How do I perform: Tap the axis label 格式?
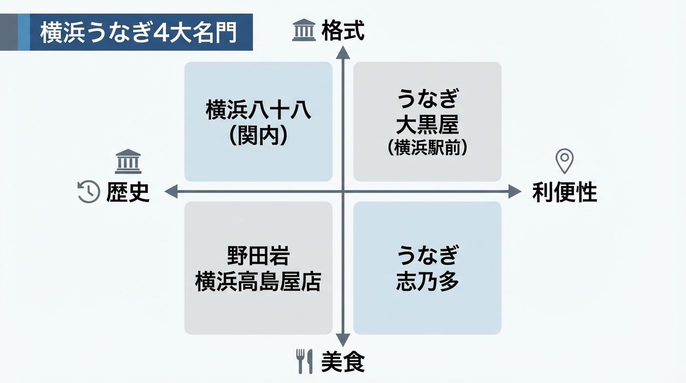point(343,30)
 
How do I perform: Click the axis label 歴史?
point(128,192)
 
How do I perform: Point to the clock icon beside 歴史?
point(89,192)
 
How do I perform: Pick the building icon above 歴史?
point(128,161)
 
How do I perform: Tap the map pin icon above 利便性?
point(564,161)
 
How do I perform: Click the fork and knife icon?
point(305,361)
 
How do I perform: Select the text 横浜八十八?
point(258,110)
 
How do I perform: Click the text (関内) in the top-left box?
point(258,136)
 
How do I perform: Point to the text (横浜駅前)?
point(427,148)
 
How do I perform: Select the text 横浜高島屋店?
point(258,282)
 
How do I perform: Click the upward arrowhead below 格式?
point(343,52)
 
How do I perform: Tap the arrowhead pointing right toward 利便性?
point(514,191)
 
